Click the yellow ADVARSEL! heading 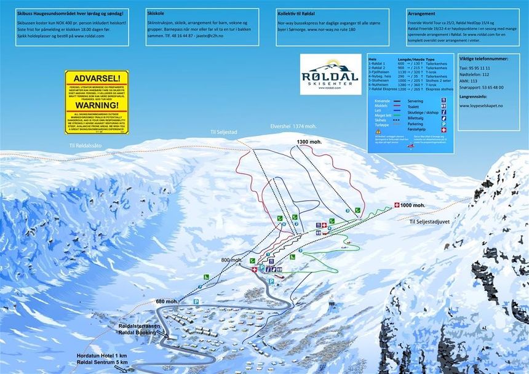97,79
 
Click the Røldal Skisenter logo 330,74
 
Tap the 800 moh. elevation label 232,260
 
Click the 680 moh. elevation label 167,301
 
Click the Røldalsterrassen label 141,324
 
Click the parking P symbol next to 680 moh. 196,301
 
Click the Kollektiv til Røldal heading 298,12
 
